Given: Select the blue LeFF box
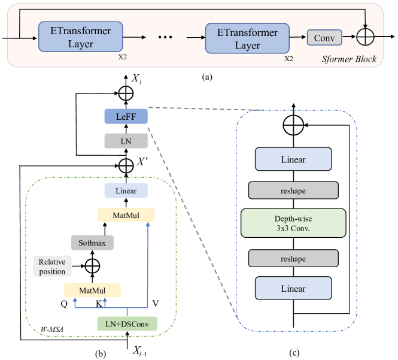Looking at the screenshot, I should click(126, 117).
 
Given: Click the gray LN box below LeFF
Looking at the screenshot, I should click(126, 141).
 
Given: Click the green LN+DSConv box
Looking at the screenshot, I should click(127, 323).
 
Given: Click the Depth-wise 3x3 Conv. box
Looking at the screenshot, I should click(294, 223).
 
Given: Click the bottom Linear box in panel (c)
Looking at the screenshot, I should click(294, 288).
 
